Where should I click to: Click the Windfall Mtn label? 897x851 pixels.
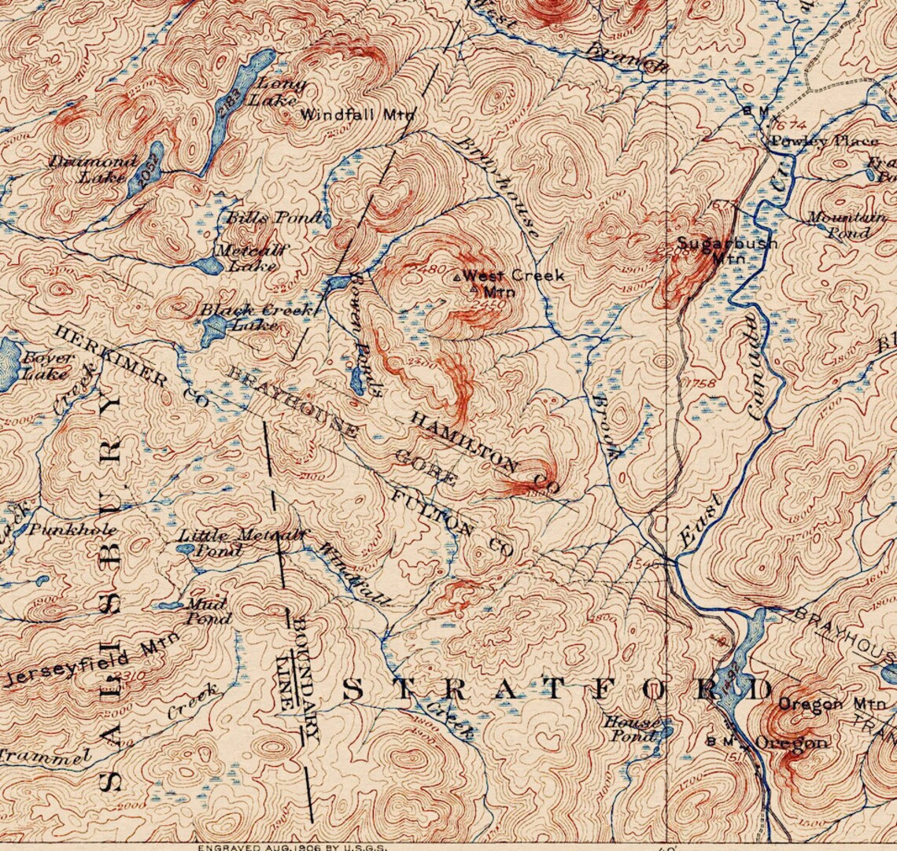tap(357, 114)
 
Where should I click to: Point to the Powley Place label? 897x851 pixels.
tap(824, 142)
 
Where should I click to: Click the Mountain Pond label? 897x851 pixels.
tap(846, 225)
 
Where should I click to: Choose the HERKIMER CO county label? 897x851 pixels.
tap(131, 367)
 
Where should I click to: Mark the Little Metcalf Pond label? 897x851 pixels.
tap(237, 542)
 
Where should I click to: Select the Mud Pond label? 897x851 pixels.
tap(206, 611)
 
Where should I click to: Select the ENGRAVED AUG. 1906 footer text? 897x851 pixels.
tap(290, 846)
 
